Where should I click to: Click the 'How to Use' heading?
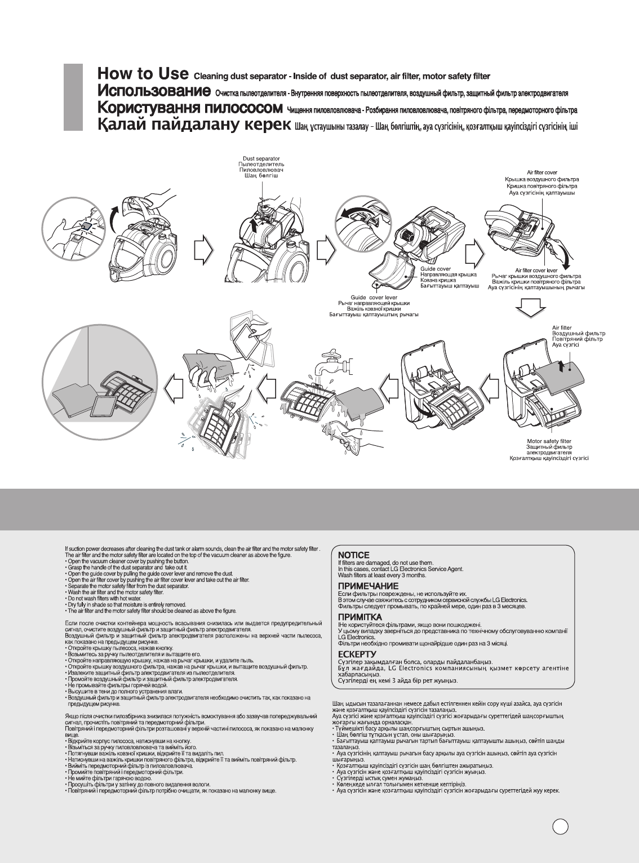click(142, 74)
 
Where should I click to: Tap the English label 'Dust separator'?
click(261, 159)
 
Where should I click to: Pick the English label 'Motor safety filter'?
click(549, 441)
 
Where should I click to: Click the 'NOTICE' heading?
click(353, 555)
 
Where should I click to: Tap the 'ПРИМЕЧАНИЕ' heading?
click(367, 586)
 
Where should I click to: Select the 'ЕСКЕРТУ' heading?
click(357, 654)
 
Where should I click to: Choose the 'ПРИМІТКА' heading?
click(360, 617)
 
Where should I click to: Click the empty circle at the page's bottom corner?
click(560, 826)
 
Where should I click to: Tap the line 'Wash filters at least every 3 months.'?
click(381, 575)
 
